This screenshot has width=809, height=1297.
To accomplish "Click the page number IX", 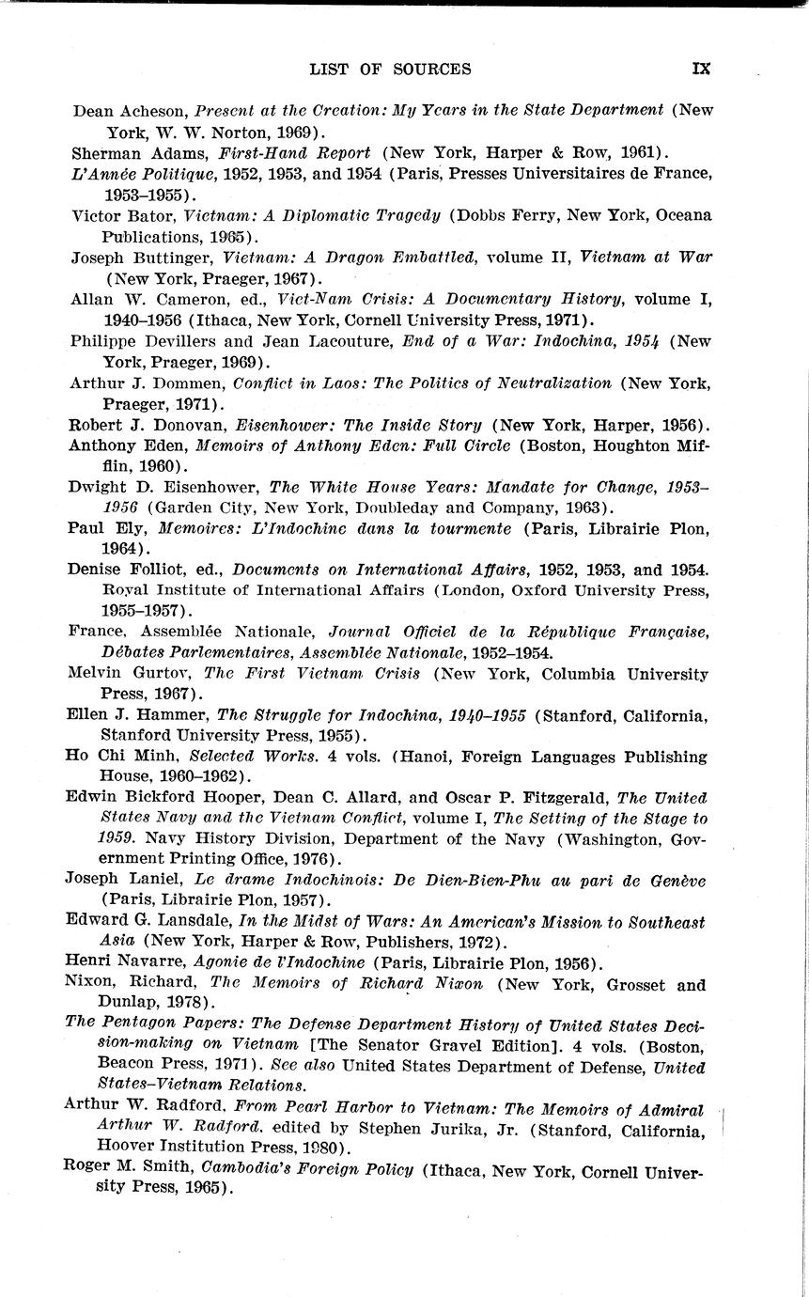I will coord(701,69).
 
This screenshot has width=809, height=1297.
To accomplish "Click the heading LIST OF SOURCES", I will coord(391,69).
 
